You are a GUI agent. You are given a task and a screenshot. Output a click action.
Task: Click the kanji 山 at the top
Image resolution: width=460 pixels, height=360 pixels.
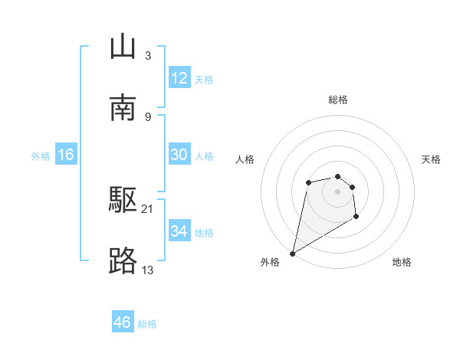(123, 47)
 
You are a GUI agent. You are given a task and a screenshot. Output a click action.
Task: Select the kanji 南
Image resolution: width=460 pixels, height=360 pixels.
(123, 107)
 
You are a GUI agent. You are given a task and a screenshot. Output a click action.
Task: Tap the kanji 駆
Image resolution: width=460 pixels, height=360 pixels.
(123, 201)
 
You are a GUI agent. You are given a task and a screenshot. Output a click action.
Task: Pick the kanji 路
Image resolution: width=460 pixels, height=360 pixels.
(123, 261)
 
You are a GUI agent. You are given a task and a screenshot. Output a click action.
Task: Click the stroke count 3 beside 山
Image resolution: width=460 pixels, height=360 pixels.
(147, 56)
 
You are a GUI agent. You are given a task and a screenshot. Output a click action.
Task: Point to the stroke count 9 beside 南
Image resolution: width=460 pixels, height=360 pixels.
(147, 116)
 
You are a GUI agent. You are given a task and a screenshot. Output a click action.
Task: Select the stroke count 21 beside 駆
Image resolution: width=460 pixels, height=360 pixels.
(148, 209)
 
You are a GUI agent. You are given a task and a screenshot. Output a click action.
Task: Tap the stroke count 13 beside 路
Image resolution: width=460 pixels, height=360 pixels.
(148, 270)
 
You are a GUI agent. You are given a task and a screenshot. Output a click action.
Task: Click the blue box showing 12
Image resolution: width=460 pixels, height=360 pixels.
(179, 78)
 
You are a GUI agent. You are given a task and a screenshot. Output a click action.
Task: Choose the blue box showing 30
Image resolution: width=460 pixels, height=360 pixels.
(179, 155)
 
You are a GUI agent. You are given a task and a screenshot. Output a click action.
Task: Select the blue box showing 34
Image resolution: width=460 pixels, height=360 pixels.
(179, 231)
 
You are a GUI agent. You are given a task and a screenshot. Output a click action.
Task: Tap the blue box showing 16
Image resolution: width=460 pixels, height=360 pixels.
(66, 155)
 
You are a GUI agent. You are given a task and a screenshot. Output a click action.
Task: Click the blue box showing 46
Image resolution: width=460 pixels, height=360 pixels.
(123, 322)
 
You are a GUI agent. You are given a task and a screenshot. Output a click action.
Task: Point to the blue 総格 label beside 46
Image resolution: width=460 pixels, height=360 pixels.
(147, 324)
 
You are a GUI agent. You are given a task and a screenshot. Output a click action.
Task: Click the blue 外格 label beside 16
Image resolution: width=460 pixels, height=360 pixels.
(41, 156)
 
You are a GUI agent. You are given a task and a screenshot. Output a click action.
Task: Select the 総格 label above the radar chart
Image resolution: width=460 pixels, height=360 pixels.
(338, 100)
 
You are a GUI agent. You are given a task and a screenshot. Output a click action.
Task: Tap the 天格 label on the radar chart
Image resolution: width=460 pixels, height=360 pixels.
(432, 159)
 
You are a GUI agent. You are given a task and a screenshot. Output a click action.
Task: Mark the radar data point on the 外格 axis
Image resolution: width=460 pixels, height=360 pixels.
(292, 254)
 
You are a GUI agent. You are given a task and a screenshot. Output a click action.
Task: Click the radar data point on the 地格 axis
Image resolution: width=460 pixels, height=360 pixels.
(356, 218)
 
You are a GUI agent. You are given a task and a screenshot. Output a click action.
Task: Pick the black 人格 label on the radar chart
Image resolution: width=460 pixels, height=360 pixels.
(245, 159)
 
